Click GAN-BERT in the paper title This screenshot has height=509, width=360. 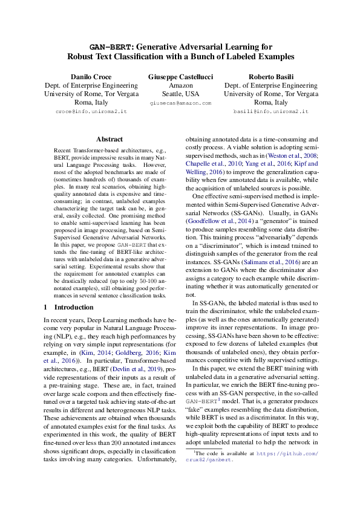point(111,46)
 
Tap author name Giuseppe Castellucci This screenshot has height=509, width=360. point(180,77)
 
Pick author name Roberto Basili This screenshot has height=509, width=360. point(270,77)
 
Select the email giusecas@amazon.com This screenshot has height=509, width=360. point(180,103)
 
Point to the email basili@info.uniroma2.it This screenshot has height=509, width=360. point(270,112)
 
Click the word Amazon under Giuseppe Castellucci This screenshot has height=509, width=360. point(180,86)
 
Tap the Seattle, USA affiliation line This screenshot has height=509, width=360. point(180,94)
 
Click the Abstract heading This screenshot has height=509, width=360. point(109,139)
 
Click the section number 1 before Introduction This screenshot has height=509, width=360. point(46,307)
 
